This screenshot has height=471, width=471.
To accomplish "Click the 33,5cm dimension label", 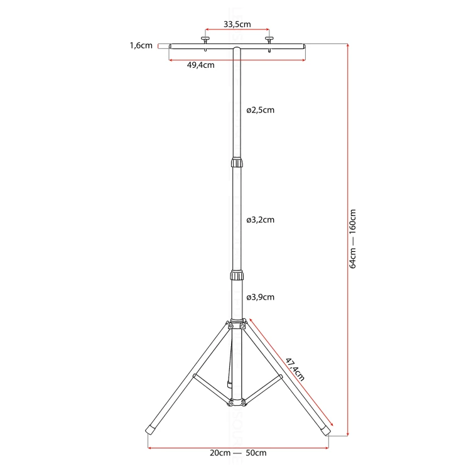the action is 237,24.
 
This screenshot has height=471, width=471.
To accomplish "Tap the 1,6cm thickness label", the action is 141,46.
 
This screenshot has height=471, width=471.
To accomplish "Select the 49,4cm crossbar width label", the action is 201,65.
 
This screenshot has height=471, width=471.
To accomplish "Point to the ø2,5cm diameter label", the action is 260,111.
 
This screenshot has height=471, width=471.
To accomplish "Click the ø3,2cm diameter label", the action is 260,220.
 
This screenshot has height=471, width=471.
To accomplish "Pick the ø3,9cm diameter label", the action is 260,297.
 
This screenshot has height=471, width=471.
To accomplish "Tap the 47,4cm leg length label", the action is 295,369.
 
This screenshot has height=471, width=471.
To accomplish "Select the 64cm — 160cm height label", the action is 353,239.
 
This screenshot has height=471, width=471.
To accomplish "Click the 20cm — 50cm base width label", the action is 238,453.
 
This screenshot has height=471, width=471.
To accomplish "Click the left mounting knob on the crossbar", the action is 205,40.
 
